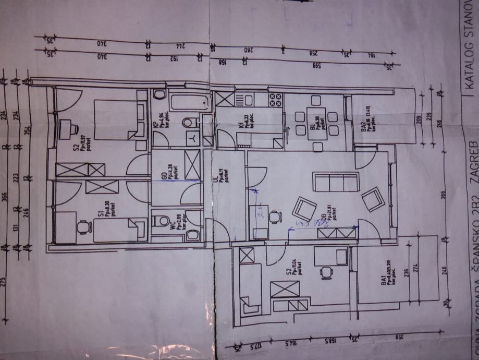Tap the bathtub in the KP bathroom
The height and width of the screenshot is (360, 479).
190,101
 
